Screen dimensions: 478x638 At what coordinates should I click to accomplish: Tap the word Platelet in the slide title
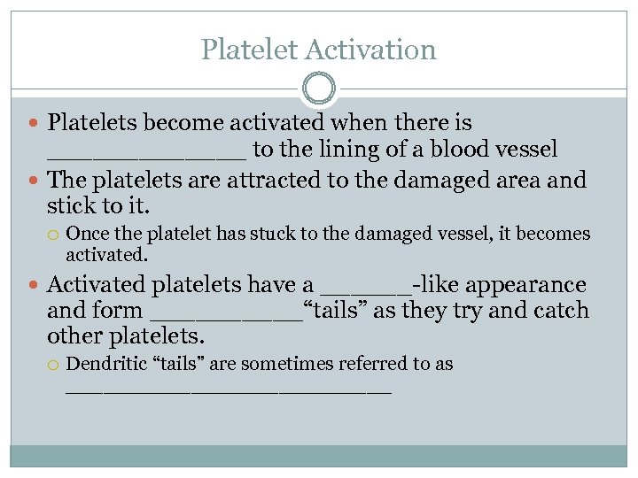point(249,49)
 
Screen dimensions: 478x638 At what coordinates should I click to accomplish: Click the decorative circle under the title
point(319,89)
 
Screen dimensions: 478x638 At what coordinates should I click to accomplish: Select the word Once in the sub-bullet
point(86,234)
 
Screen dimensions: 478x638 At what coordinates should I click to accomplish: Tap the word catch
point(560,311)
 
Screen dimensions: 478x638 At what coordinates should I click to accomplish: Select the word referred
point(385,364)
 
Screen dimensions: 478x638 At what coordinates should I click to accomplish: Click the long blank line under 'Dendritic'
point(228,390)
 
